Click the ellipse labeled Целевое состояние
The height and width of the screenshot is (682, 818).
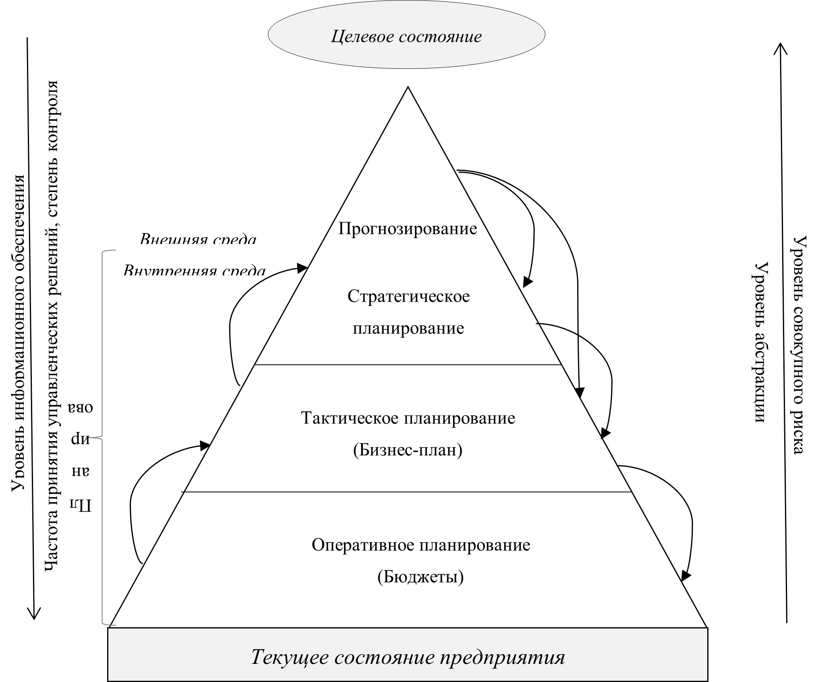click(x=406, y=36)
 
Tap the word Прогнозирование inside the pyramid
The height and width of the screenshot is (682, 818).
click(x=408, y=229)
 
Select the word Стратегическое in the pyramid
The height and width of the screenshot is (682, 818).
click(x=408, y=296)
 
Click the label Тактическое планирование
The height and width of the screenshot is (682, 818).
click(x=408, y=418)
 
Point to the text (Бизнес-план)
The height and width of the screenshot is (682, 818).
click(x=408, y=450)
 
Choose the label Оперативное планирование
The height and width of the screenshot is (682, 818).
click(x=421, y=545)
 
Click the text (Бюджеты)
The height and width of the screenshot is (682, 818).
click(x=420, y=577)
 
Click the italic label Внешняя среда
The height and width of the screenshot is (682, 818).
click(x=198, y=240)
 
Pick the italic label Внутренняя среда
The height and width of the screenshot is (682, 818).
click(x=195, y=271)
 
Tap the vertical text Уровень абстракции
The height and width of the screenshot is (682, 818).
click(x=760, y=343)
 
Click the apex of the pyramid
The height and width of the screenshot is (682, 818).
click(x=408, y=87)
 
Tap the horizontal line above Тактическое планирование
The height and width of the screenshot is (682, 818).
click(x=408, y=365)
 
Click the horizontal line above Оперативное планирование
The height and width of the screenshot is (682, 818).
click(x=407, y=492)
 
